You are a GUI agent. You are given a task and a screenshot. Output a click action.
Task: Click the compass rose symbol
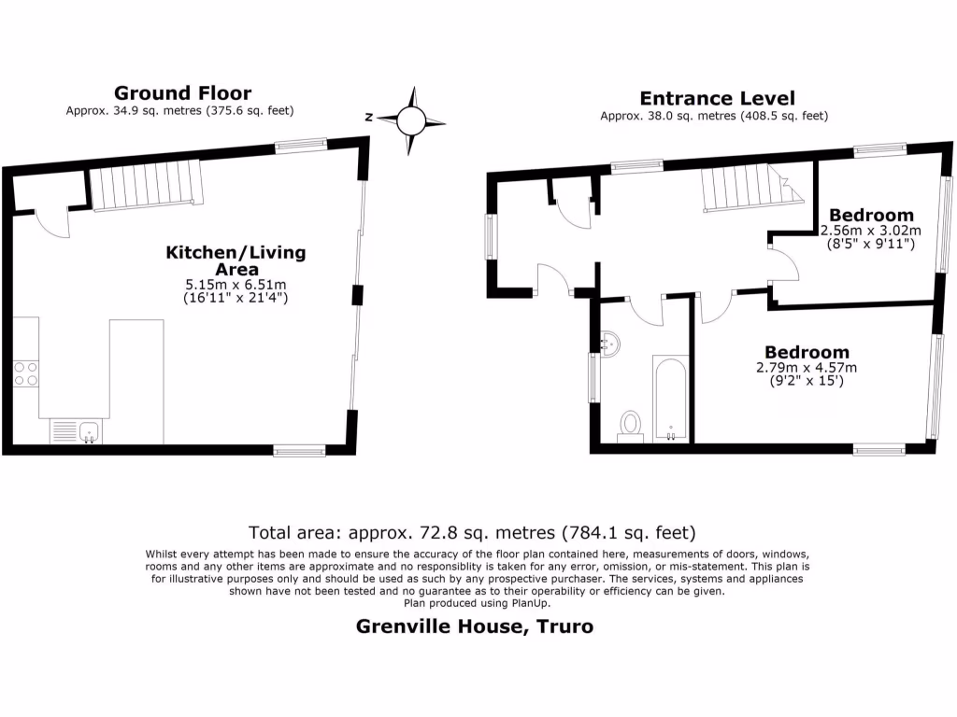410,119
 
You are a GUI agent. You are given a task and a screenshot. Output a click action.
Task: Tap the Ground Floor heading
182,92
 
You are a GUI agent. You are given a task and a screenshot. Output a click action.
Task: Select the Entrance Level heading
717,98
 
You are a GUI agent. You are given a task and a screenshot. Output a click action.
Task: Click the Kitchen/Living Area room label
236,260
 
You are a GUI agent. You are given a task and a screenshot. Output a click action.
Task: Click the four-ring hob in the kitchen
26,373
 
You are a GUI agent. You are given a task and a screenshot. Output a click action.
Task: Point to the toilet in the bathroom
631,426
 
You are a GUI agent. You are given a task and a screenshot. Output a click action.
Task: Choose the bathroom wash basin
609,344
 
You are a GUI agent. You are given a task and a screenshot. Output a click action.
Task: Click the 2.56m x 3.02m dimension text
870,231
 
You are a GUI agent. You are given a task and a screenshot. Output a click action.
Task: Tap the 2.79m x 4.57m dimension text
807,368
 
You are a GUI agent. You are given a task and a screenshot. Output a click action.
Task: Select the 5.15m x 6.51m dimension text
236,284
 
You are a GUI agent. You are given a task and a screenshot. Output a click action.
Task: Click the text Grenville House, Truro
475,626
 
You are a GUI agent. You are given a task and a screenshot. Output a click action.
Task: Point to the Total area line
472,533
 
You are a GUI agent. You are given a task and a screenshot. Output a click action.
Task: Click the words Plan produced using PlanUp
478,603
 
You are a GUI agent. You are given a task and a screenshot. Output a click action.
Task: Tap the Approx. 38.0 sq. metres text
714,117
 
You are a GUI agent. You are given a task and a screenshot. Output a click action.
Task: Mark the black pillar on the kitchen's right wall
356,294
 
